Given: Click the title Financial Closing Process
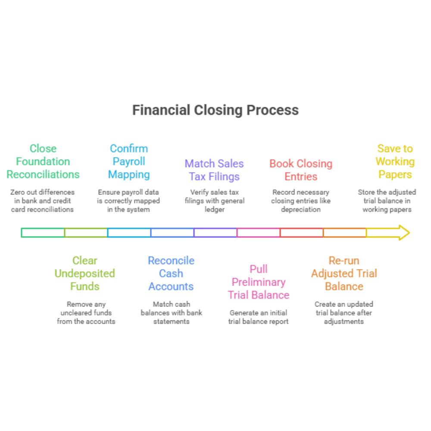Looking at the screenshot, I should [x=215, y=110].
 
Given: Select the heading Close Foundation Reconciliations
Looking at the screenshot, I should [x=43, y=162].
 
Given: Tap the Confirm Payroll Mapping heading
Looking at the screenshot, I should [x=129, y=162].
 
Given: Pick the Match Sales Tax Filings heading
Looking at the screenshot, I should [x=214, y=170].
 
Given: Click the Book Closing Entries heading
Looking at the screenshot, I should [x=301, y=170].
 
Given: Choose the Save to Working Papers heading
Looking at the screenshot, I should [x=395, y=162].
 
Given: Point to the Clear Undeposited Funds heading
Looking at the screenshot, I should [x=85, y=273].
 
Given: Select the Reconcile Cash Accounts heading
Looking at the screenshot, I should [x=171, y=273].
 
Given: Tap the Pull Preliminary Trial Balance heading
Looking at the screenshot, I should [x=259, y=282].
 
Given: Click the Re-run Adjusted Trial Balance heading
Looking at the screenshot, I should [x=344, y=273].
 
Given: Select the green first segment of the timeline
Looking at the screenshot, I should [x=43, y=233].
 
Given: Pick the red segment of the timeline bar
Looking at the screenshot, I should [x=302, y=233].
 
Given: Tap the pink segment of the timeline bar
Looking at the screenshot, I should [x=259, y=233].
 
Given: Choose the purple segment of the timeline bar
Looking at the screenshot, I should [x=215, y=233].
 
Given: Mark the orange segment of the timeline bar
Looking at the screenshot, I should [x=345, y=233].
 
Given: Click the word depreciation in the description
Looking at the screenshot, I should [x=301, y=209].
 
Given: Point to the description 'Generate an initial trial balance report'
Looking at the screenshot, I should [x=259, y=317].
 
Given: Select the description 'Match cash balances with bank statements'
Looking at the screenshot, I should [x=171, y=312].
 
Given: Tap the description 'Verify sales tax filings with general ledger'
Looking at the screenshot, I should [x=214, y=201].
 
